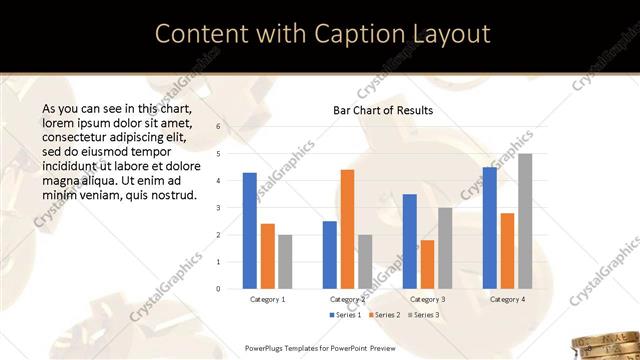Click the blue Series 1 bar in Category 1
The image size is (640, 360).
tap(250, 231)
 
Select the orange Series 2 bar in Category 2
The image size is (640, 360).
tap(347, 229)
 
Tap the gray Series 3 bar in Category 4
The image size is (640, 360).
tap(525, 221)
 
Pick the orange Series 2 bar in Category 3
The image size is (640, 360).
tap(427, 264)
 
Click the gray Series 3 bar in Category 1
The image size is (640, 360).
tap(285, 262)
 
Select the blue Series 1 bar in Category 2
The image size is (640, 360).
tap(330, 255)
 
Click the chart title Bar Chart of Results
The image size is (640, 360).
tap(383, 110)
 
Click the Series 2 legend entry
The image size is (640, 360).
tap(384, 315)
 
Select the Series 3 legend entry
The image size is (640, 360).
tap(425, 315)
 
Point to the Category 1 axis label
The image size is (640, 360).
tap(267, 299)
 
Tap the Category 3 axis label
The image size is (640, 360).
tap(427, 299)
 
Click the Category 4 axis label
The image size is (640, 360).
tap(507, 299)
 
